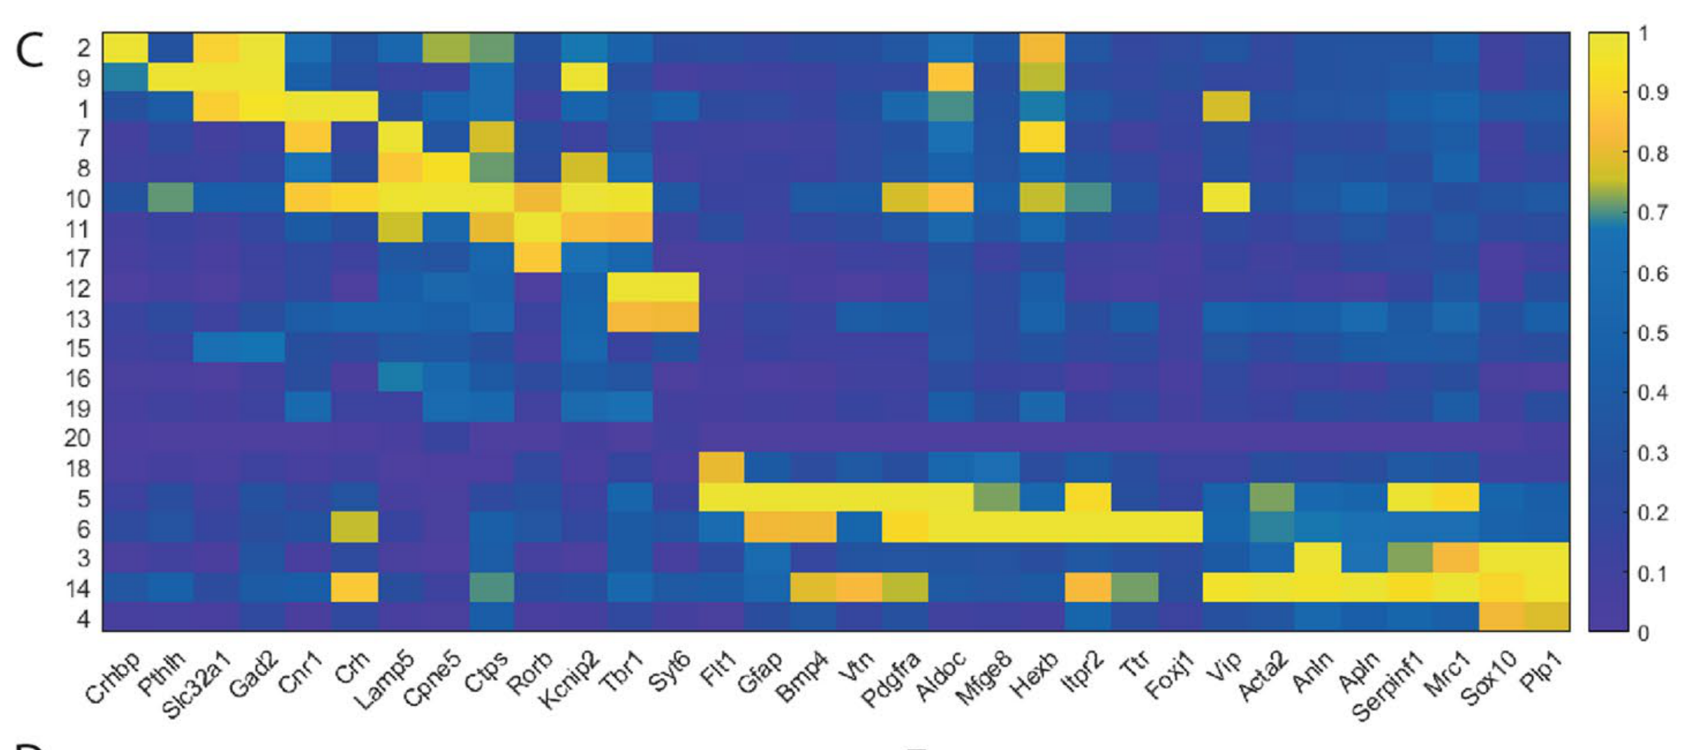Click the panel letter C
[29, 50]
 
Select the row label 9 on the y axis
[82, 79]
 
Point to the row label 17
[78, 259]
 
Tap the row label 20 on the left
[77, 437]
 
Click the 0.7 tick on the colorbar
[1652, 213]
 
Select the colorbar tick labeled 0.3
[1652, 453]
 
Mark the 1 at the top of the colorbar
[1644, 34]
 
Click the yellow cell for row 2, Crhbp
[125, 48]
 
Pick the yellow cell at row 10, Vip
[1226, 198]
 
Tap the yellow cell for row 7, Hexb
[1042, 138]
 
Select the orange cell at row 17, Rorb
[538, 258]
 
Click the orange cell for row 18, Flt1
[721, 467]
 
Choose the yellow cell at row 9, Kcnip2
[583, 77]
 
